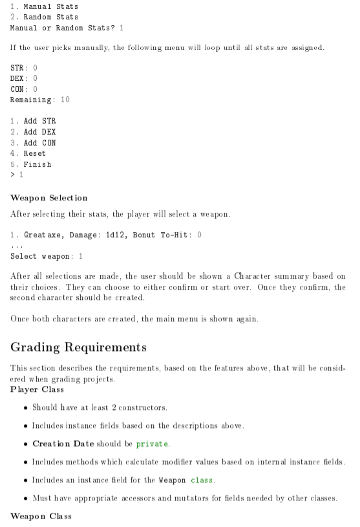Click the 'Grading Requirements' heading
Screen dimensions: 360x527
point(78,347)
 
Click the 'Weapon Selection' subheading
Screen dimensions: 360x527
point(49,197)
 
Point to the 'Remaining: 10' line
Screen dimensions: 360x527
point(40,100)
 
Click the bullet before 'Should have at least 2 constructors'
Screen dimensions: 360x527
point(25,407)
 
